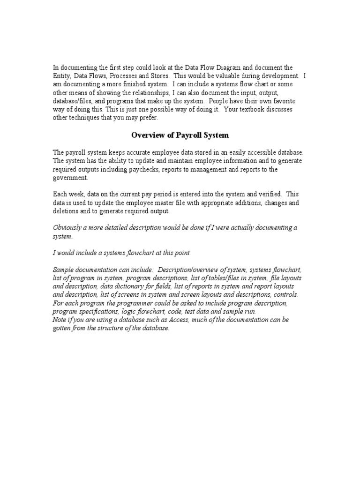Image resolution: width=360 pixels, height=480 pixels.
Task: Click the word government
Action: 70,178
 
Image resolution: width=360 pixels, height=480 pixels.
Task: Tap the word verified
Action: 269,195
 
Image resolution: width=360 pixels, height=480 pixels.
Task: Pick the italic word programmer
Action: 130,303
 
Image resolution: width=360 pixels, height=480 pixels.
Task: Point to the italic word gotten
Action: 62,329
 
